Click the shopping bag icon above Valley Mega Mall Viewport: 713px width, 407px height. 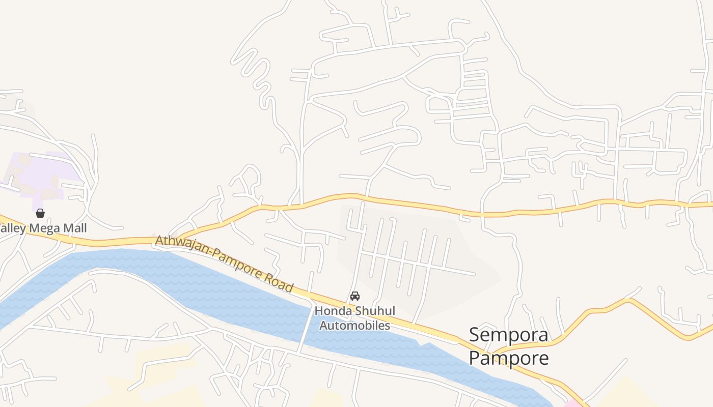coord(40,213)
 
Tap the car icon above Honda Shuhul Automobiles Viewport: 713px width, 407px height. coord(355,296)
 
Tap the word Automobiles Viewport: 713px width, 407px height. coord(354,325)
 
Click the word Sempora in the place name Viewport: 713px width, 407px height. coord(508,335)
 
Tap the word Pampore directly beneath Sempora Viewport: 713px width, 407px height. coord(508,358)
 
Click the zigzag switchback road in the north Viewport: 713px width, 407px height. coord(260,76)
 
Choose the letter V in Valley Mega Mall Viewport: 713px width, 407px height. coord(2,228)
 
